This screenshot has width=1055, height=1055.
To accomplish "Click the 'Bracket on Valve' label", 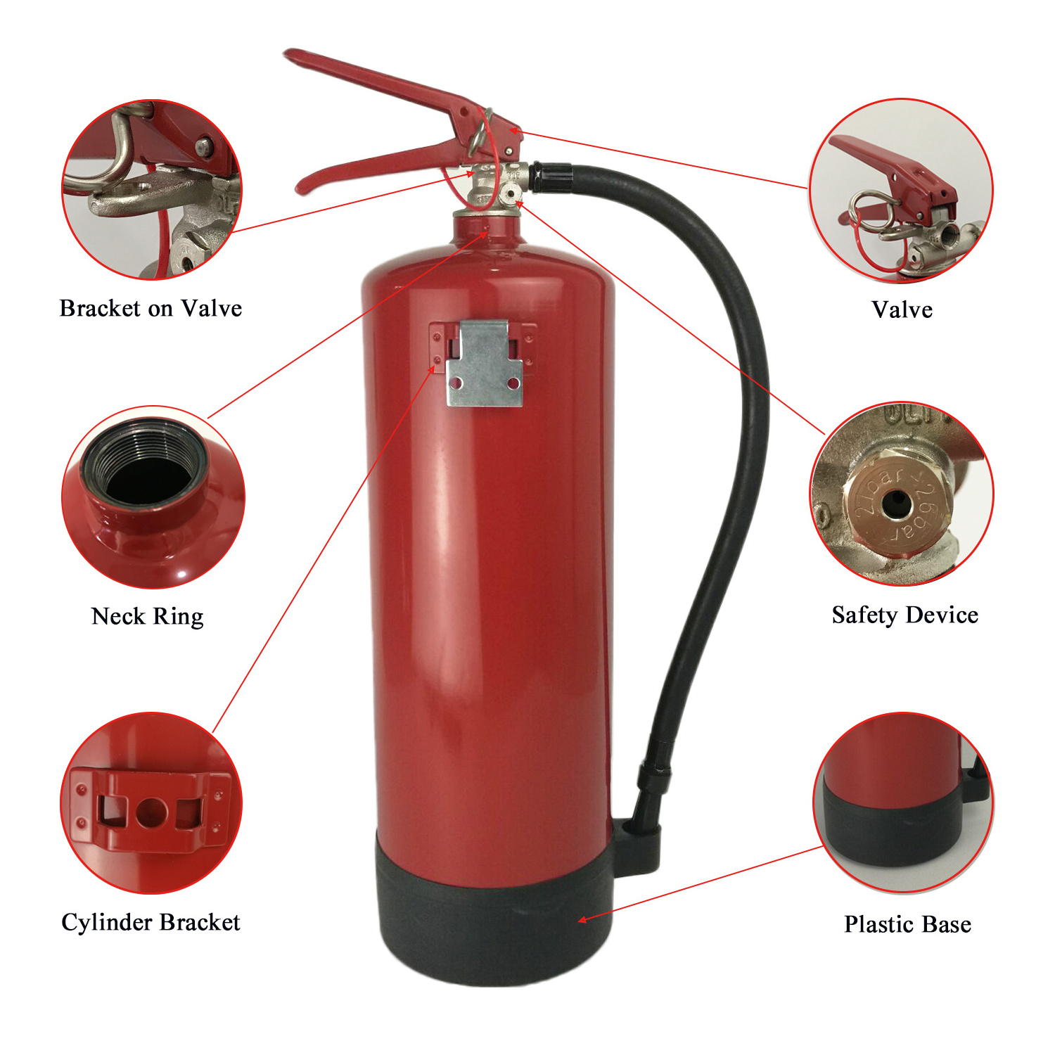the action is (x=151, y=308).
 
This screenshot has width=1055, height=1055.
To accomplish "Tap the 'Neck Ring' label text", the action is (x=148, y=616).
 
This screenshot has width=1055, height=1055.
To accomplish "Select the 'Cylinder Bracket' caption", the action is (x=151, y=922).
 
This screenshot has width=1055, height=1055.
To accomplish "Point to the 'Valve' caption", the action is (x=902, y=309).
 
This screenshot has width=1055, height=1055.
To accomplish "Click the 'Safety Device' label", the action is (x=904, y=615).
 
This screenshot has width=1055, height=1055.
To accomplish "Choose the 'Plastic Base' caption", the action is (x=907, y=923).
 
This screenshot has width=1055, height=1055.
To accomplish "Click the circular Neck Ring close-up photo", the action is (x=153, y=497).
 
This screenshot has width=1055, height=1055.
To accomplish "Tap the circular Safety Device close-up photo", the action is (x=902, y=494).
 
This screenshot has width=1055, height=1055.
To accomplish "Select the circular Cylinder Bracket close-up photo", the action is (x=151, y=803).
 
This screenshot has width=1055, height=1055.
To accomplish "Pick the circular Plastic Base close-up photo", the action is (x=904, y=803).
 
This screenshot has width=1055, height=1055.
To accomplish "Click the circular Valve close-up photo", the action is (x=901, y=191).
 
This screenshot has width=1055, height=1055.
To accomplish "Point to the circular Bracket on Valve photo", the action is (x=152, y=190).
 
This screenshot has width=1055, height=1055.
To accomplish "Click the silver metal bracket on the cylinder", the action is (x=485, y=363).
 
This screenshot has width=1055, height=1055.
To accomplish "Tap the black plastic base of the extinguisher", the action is (x=495, y=907).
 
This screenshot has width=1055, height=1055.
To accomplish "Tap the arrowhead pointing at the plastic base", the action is (x=582, y=919).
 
